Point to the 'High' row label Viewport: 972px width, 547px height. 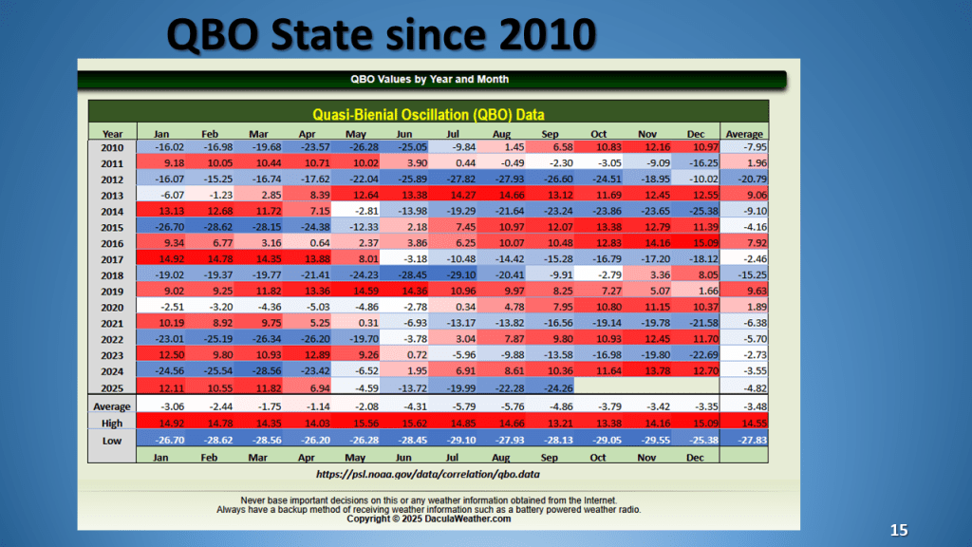coord(113,424)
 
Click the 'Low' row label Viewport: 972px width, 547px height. coord(113,440)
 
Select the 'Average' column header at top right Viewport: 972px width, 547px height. coord(743,134)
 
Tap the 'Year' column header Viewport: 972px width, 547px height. coord(113,134)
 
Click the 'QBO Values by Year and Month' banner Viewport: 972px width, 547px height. coord(432,80)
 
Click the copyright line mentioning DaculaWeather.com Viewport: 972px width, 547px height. coord(429,519)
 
